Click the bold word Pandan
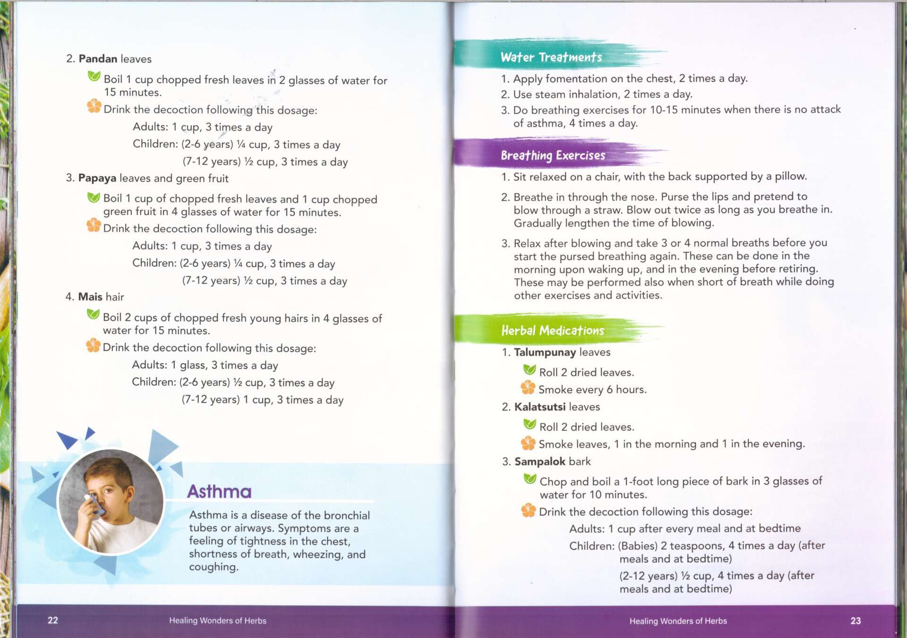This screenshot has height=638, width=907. pyautogui.click(x=98, y=59)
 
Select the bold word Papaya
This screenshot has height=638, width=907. pyautogui.click(x=97, y=178)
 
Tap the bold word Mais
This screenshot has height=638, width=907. pyautogui.click(x=90, y=297)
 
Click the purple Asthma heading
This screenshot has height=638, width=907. pyautogui.click(x=219, y=492)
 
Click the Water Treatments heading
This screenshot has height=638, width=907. pyautogui.click(x=551, y=57)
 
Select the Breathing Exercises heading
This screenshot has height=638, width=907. pyautogui.click(x=553, y=155)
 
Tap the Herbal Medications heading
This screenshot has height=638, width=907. pyautogui.click(x=552, y=330)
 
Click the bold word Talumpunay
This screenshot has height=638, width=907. pyautogui.click(x=545, y=352)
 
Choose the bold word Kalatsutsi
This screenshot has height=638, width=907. pyautogui.click(x=540, y=407)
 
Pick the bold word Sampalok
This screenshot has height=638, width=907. pyautogui.click(x=539, y=461)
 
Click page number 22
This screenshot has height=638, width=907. pyautogui.click(x=53, y=620)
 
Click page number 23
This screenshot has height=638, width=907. pyautogui.click(x=856, y=621)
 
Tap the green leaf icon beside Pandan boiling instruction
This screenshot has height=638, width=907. pyautogui.click(x=94, y=76)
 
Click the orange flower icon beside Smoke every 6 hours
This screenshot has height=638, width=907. pyautogui.click(x=528, y=388)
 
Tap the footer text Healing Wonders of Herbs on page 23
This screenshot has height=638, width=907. pyautogui.click(x=678, y=621)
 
